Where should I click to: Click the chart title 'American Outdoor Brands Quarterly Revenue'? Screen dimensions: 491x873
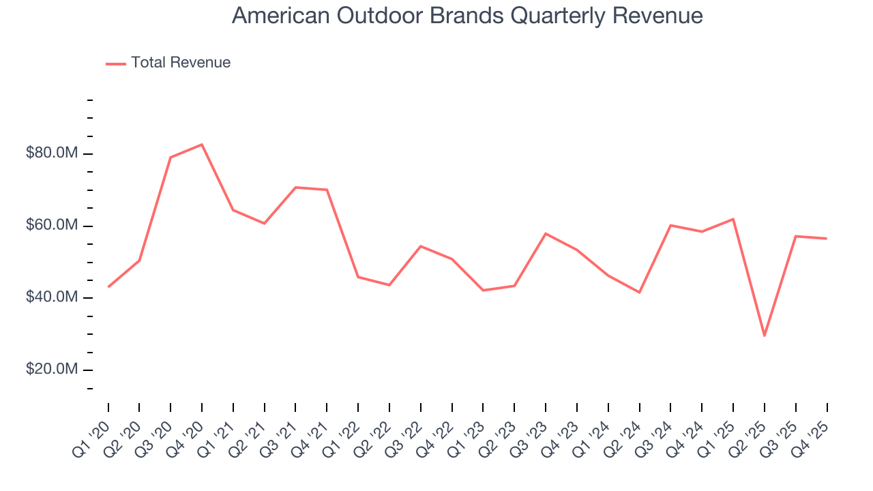467,16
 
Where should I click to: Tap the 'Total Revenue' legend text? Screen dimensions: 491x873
181,63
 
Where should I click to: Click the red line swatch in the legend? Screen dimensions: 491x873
116,63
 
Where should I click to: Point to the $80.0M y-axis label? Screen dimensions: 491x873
52,153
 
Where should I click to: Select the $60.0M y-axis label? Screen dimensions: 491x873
52,226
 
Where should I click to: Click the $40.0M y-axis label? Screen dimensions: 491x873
52,297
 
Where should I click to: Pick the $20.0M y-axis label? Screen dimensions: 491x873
52,370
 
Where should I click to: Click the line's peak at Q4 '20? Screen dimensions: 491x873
202,145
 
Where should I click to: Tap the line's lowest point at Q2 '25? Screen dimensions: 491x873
765,336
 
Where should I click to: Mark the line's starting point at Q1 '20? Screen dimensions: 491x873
108,287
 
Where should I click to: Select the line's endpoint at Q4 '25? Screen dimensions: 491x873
827,239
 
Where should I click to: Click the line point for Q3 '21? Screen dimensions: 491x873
295,187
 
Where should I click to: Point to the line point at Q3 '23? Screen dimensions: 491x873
546,233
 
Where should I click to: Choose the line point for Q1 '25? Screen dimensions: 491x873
733,219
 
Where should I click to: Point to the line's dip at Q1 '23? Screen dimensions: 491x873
483,291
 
